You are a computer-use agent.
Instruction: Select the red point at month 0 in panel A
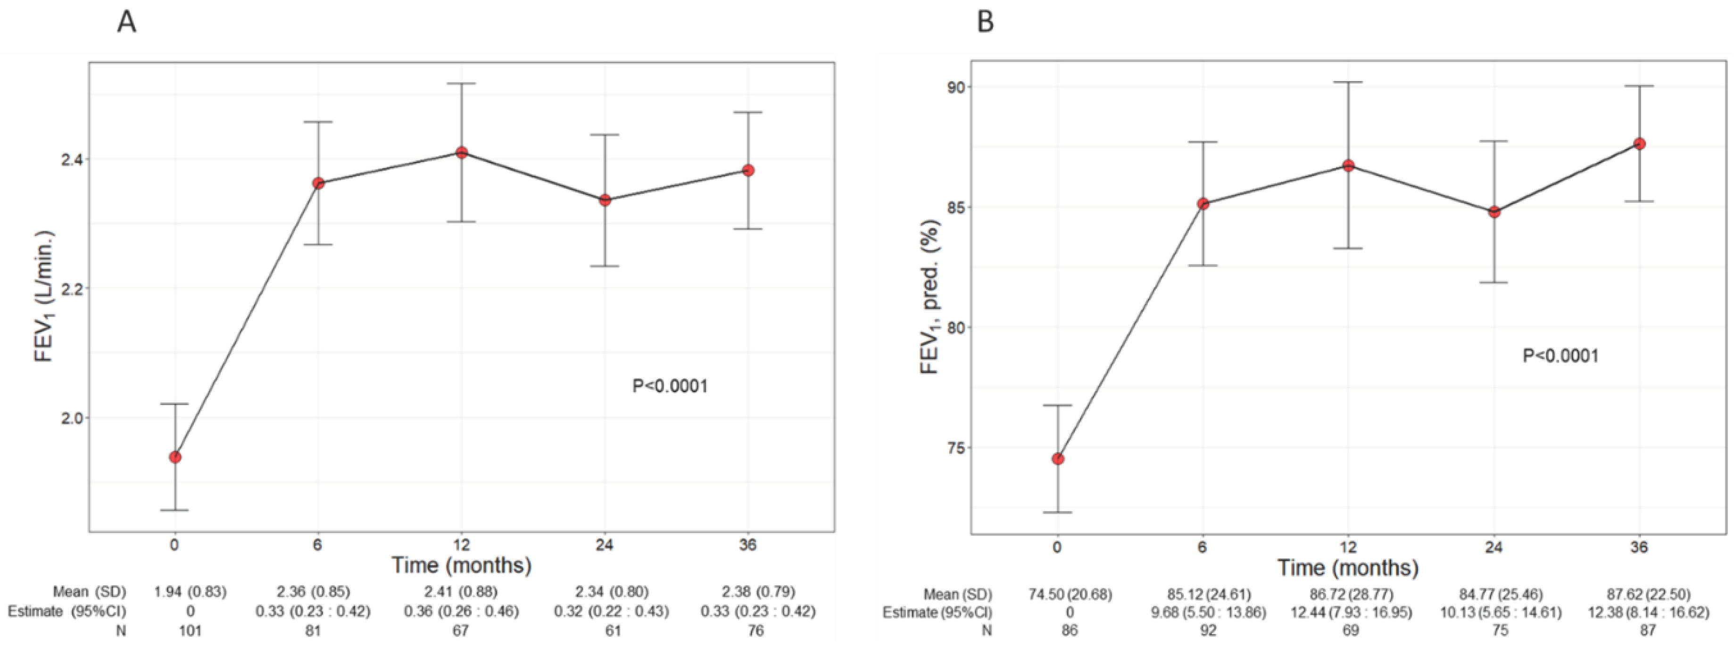[x=175, y=457]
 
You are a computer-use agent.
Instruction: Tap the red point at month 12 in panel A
[x=462, y=153]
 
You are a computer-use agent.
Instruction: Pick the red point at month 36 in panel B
[x=1640, y=143]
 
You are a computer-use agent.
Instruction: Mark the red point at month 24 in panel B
[x=1493, y=211]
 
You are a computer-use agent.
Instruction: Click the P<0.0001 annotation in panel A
[x=670, y=386]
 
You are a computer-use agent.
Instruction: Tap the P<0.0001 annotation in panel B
[x=1560, y=356]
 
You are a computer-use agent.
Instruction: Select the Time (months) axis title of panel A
[x=462, y=565]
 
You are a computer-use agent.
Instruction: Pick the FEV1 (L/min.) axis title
[x=44, y=296]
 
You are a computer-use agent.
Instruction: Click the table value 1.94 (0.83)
[x=191, y=592]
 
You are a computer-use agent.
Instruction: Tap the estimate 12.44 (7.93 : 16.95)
[x=1350, y=612]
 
